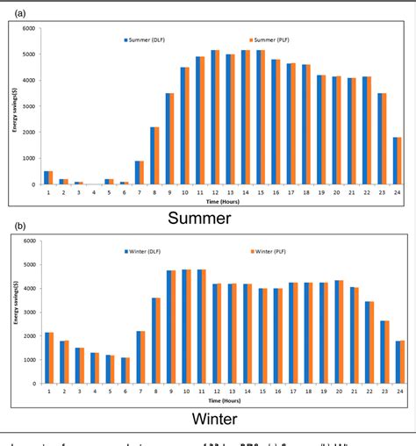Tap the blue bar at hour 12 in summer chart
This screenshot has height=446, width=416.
pos(212,118)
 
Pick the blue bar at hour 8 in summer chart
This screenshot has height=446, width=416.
pos(152,155)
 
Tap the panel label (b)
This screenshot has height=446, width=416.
pos(18,226)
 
